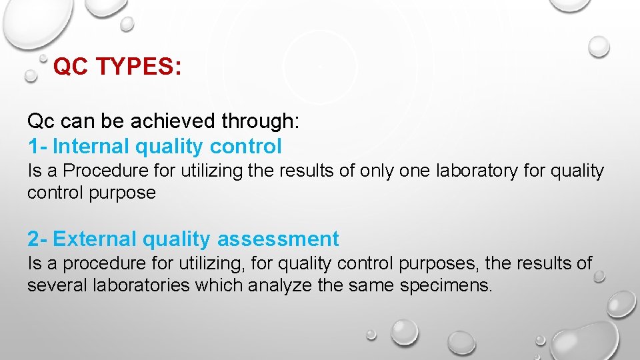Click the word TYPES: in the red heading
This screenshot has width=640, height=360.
(x=139, y=67)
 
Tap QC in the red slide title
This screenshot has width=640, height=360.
(x=71, y=67)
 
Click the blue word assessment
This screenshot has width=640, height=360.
(x=278, y=239)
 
